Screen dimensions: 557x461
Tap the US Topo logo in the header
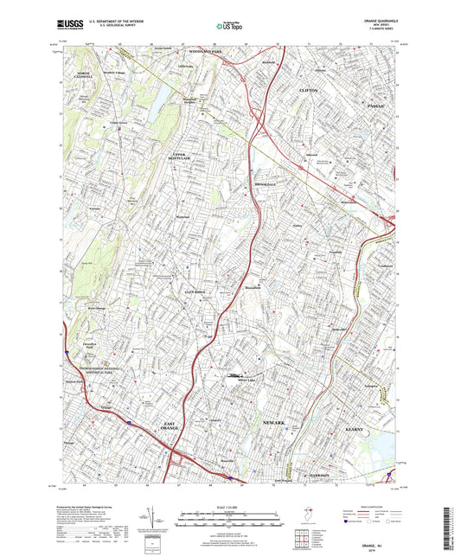pos(229,26)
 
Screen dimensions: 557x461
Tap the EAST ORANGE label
pos(172,426)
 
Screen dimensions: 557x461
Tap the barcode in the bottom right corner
pos(451,528)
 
